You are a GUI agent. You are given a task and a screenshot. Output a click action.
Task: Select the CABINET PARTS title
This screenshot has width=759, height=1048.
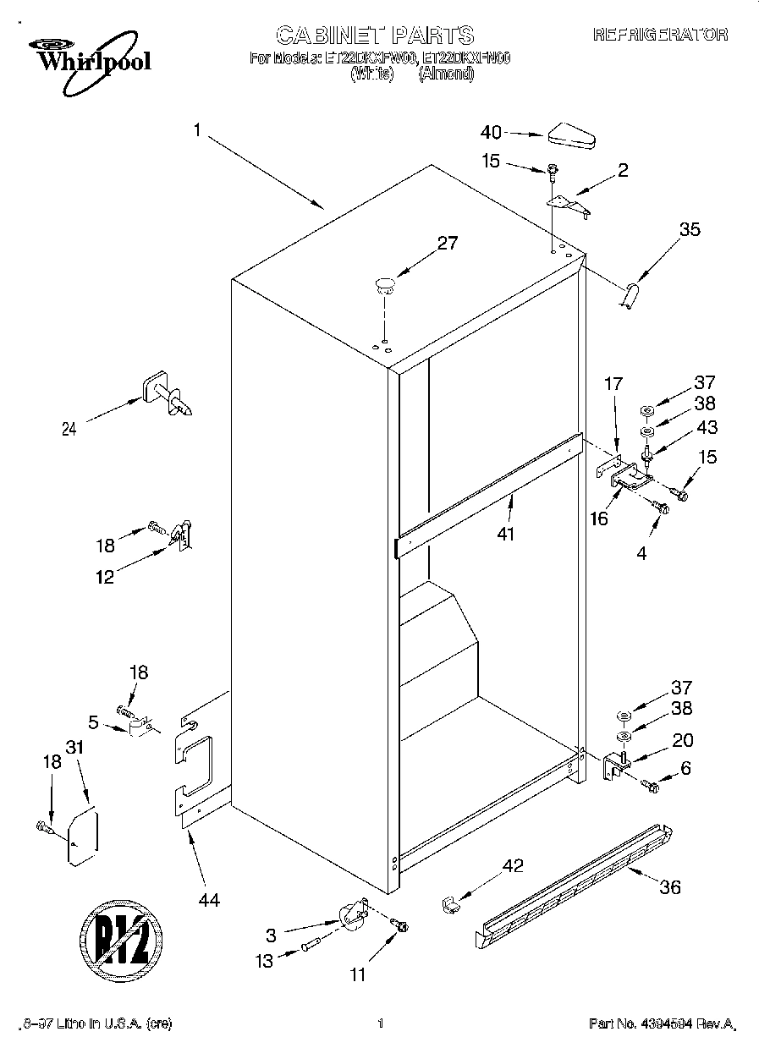pos(375,35)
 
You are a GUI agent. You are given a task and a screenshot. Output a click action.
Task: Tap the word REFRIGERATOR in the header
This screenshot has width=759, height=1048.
pos(660,35)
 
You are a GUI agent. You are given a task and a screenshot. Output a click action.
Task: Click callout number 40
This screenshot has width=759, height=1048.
pos(491,132)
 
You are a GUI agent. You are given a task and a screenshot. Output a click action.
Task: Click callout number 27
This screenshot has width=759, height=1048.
pos(447,244)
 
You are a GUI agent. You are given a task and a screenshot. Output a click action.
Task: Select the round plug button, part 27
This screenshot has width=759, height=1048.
pos(385,283)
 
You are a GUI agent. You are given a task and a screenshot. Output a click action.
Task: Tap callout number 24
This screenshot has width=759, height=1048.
pos(69,429)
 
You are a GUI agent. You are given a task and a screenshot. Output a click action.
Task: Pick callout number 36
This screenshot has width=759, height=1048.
pos(669,887)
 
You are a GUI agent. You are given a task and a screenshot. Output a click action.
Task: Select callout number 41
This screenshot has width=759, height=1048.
pos(506,534)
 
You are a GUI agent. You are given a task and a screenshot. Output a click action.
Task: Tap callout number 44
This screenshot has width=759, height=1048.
pos(208,901)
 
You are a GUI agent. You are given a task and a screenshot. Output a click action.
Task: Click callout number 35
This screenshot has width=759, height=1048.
pos(690,228)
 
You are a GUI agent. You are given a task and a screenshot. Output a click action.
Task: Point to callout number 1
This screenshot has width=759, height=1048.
pos(196,129)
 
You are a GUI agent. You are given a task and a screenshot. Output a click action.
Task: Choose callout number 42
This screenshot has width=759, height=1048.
pos(513,865)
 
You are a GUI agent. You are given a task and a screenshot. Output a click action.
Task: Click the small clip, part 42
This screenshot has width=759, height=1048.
pos(450,903)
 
